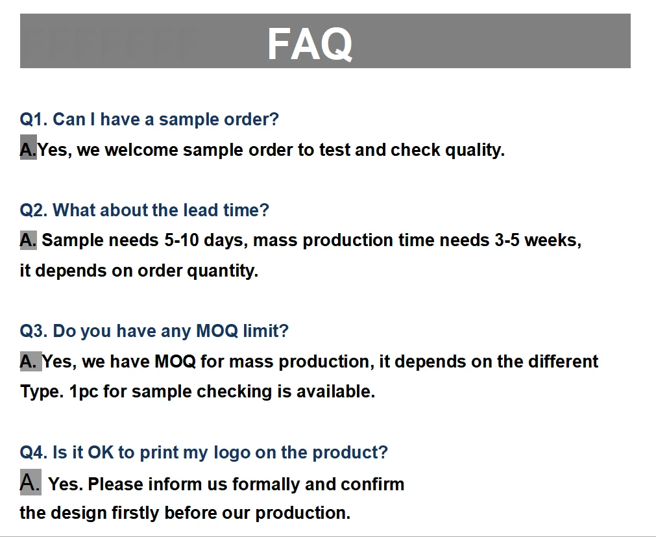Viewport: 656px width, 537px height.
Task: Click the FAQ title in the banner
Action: pos(310,44)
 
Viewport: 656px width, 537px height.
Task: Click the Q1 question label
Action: pos(34,119)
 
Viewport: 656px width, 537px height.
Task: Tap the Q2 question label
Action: pos(34,210)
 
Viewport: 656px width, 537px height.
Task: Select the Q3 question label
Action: pos(34,331)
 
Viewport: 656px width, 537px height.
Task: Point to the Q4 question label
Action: pos(34,453)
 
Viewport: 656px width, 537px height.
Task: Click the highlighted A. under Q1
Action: pos(29,147)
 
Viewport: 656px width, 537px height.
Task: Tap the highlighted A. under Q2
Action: pos(29,240)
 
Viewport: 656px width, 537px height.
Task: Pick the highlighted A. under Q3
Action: pos(31,362)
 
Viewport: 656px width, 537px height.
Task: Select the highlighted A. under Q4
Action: pos(30,482)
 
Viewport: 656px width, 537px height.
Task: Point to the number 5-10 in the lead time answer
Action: pos(181,240)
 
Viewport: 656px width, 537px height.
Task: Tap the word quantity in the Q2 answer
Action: pos(222,271)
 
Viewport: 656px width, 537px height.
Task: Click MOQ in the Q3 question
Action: pos(217,331)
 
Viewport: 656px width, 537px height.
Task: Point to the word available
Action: pos(335,392)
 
